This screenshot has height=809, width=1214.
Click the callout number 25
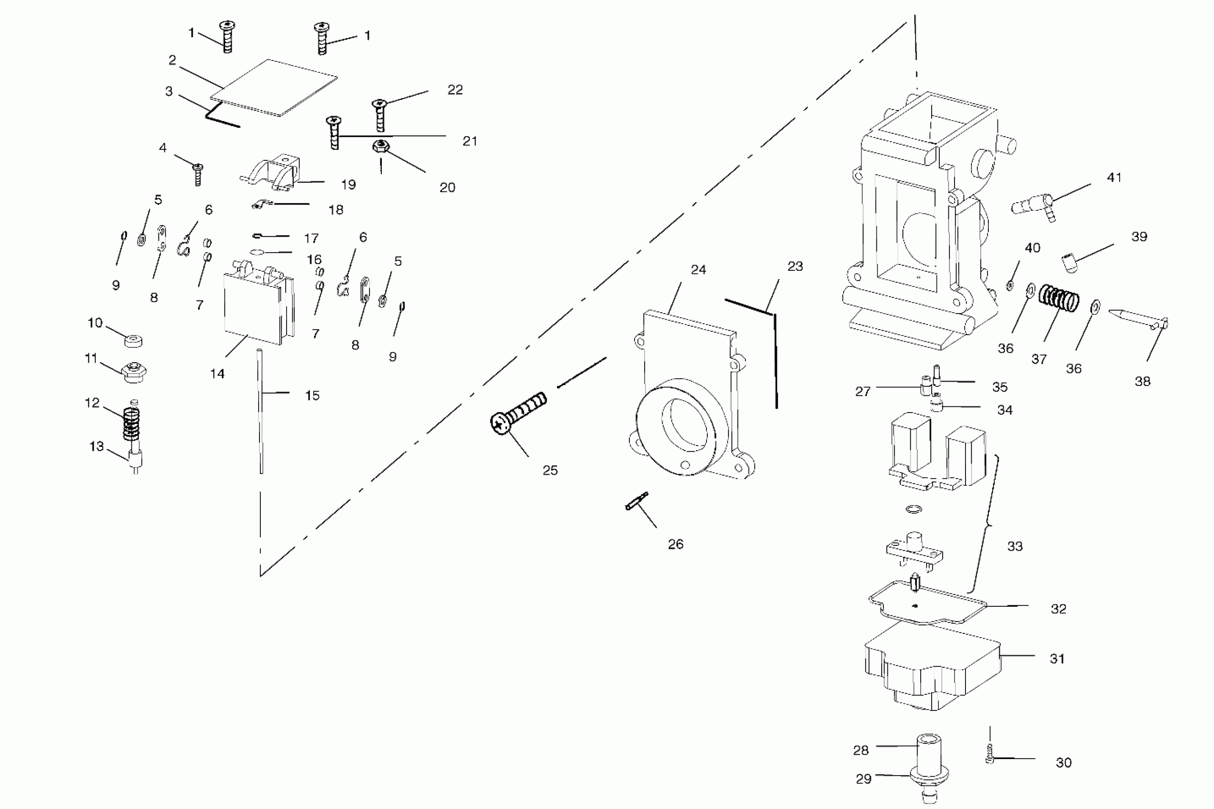coord(550,470)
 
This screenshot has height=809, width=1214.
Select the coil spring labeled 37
coord(1059,298)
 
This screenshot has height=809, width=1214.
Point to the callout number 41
coord(1114,178)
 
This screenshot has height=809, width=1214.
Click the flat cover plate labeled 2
coord(274,88)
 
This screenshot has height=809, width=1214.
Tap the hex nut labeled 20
coord(380,147)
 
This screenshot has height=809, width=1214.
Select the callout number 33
coord(1015,546)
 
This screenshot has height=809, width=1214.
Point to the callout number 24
coord(698,270)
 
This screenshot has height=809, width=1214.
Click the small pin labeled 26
coord(637,502)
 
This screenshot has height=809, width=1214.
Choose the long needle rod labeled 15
coord(261,413)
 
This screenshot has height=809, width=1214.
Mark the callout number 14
coord(217,374)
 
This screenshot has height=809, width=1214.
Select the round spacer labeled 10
coord(134,341)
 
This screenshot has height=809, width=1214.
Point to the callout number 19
coord(348,185)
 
